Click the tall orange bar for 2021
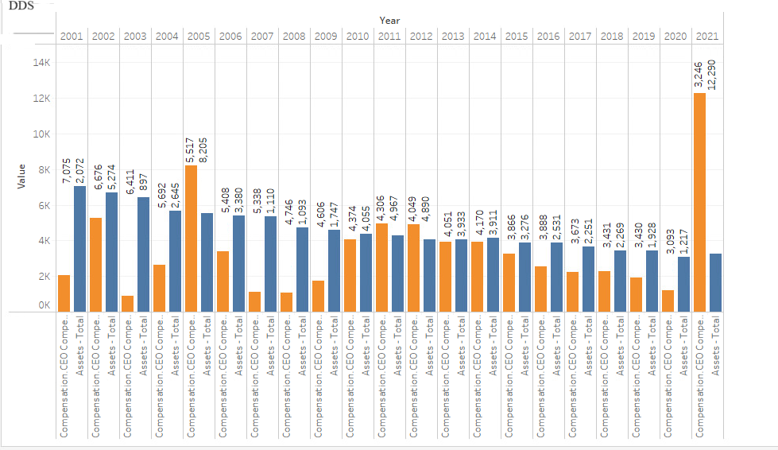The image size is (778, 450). click(x=699, y=202)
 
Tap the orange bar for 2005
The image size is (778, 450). click(x=191, y=238)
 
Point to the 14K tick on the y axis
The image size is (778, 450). click(x=41, y=63)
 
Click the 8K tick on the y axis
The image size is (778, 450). click(x=43, y=169)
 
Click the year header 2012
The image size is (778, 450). click(x=421, y=36)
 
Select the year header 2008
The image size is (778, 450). click(x=294, y=36)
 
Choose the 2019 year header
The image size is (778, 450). click(x=644, y=36)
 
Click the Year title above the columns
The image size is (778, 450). click(x=389, y=20)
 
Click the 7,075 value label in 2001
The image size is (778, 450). click(x=66, y=170)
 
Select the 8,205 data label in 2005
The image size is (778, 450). click(x=203, y=149)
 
